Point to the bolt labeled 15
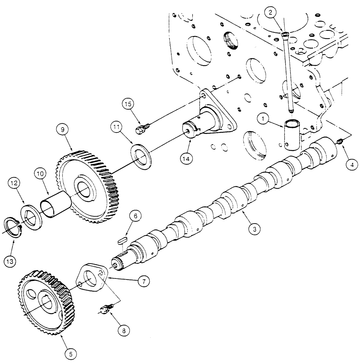click(140, 129)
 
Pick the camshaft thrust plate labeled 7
click(91, 279)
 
